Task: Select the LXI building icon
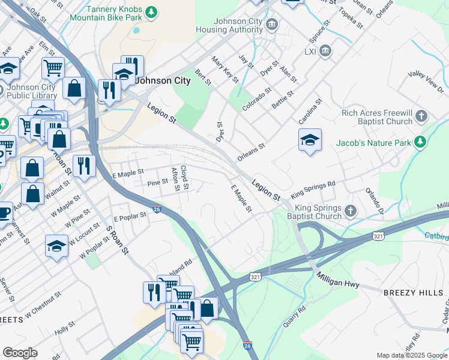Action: (x=325, y=51)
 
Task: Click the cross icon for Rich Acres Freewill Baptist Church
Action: (x=422, y=116)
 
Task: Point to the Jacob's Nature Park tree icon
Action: (x=420, y=142)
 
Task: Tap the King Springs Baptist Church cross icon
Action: (x=351, y=211)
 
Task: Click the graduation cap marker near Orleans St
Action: (x=310, y=140)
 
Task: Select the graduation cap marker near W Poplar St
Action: (x=56, y=246)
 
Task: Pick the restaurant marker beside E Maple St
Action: (x=84, y=166)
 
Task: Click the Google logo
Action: (x=20, y=353)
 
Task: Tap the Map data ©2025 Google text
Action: (x=411, y=355)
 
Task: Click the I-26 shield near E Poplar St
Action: (x=156, y=209)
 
